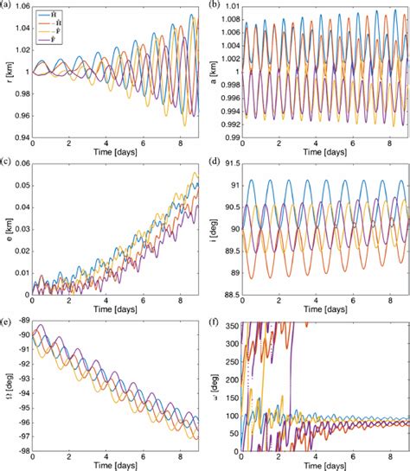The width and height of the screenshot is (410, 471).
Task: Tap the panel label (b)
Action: coord(215,5)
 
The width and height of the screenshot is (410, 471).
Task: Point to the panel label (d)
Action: coord(215,161)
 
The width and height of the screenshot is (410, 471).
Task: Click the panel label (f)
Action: coord(215,316)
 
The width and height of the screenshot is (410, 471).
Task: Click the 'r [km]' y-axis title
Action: coord(7,73)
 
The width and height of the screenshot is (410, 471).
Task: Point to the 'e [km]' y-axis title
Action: coord(7,228)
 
